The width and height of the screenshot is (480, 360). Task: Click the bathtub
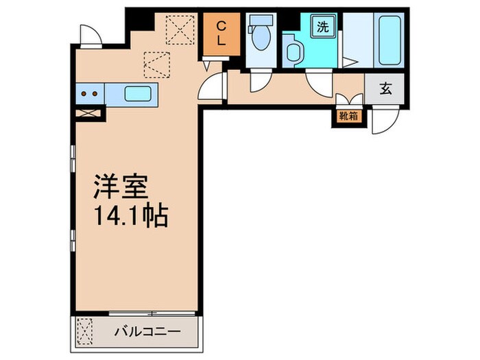pyautogui.click(x=388, y=39)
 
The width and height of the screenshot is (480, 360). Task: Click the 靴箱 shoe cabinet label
pyautogui.click(x=348, y=116)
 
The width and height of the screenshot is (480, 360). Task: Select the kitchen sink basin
pyautogui.click(x=139, y=93)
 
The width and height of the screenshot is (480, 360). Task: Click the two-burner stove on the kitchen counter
pyautogui.click(x=89, y=93)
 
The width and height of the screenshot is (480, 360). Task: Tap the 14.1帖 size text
pyautogui.click(x=130, y=217)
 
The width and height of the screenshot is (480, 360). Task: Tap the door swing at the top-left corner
pyautogui.click(x=88, y=34)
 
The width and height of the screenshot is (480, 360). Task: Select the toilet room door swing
pyautogui.click(x=259, y=81)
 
